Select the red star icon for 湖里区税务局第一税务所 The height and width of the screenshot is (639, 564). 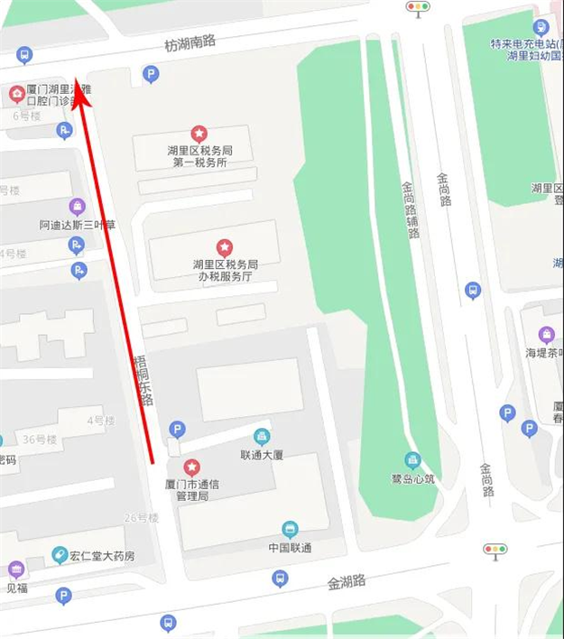pyautogui.click(x=199, y=134)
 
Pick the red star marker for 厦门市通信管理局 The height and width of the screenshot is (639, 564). pyautogui.click(x=191, y=467)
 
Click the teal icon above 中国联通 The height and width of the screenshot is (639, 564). pyautogui.click(x=290, y=529)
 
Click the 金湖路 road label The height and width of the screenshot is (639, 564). pyautogui.click(x=347, y=583)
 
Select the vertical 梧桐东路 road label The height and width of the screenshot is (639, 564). pyautogui.click(x=144, y=380)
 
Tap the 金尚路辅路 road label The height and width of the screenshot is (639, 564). pyautogui.click(x=411, y=208)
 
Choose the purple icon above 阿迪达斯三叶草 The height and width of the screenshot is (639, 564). pyautogui.click(x=78, y=207)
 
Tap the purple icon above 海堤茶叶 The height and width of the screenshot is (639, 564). pyautogui.click(x=546, y=335)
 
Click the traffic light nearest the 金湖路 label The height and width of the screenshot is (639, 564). pyautogui.click(x=495, y=549)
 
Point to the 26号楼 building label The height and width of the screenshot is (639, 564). pyautogui.click(x=142, y=518)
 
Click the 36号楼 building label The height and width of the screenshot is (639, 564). pyautogui.click(x=40, y=440)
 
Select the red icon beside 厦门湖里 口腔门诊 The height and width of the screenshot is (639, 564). pyautogui.click(x=16, y=93)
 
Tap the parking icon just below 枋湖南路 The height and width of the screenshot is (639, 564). pyautogui.click(x=152, y=75)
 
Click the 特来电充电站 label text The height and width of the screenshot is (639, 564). pyautogui.click(x=521, y=43)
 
